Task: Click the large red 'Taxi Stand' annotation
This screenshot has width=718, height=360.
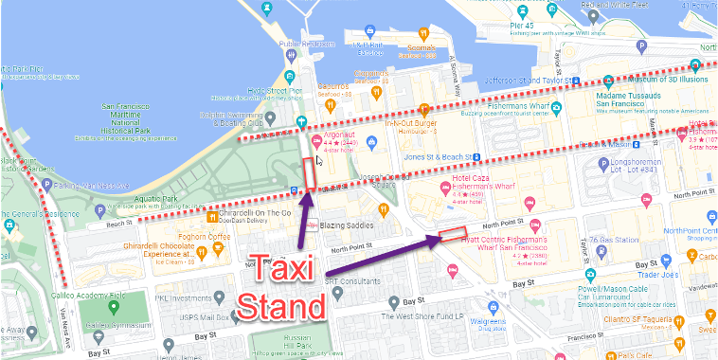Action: [x=284, y=288]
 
